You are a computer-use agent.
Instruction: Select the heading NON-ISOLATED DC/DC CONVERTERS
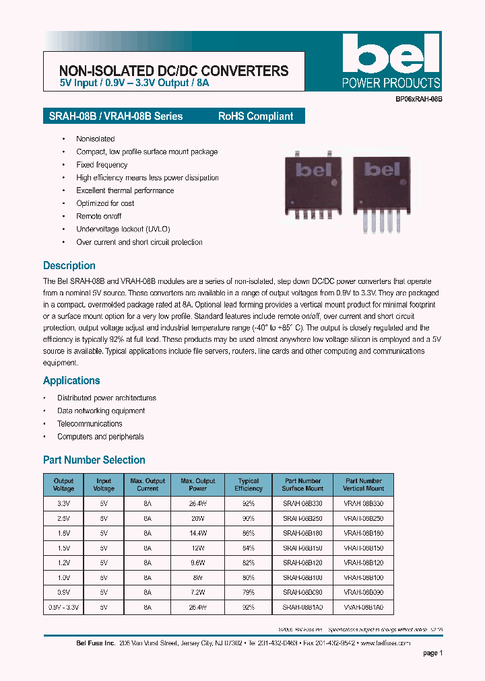click(174, 71)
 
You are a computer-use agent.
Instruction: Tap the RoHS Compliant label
click(255, 116)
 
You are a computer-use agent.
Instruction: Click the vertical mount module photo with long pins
click(380, 190)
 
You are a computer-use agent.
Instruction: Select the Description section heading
click(69, 266)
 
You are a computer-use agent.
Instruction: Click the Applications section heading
click(71, 381)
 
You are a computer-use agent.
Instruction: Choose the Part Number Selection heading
click(94, 460)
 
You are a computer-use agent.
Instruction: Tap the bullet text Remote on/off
click(99, 216)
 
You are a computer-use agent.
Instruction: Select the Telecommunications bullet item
click(90, 424)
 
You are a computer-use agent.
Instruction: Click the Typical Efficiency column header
click(249, 485)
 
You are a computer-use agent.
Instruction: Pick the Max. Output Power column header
click(198, 485)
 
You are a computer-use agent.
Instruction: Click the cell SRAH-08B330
click(302, 503)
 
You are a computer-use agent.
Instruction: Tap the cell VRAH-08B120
click(364, 563)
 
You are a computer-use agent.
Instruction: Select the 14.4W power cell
click(198, 533)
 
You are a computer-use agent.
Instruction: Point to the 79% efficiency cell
click(249, 592)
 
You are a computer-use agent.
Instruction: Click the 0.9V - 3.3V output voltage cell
click(63, 607)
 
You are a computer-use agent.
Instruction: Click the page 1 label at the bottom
click(432, 653)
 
